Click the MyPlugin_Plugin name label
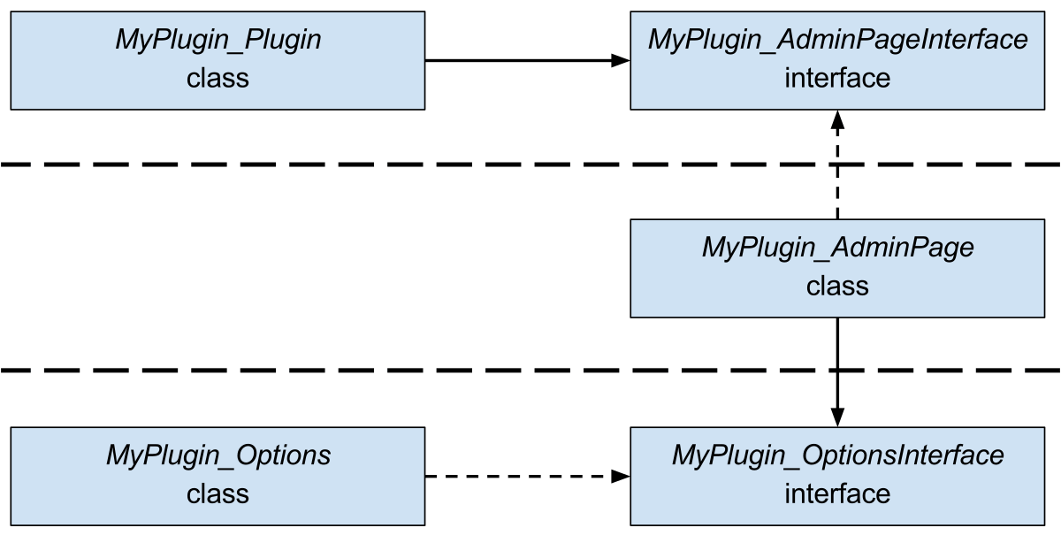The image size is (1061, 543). pos(218,41)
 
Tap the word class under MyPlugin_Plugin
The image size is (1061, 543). pos(218,79)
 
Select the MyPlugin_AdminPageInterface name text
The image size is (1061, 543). pos(837,41)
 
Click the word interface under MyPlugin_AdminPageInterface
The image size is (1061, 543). pos(837,79)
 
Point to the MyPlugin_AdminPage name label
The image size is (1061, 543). pos(837,248)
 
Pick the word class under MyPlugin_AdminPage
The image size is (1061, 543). pos(837,287)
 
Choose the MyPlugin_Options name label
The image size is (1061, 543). pos(218,455)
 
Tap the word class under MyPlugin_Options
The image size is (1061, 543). pos(218,493)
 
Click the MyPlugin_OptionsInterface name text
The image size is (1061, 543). pos(837,455)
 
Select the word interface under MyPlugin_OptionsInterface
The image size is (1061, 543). pos(837,493)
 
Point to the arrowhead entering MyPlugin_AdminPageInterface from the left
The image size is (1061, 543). pos(622,60)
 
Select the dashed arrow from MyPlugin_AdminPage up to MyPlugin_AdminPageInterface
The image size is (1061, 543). pos(837,177)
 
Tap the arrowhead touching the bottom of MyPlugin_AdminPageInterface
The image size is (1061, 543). pos(837,119)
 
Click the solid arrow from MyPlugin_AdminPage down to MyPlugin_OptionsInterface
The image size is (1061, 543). pos(837,363)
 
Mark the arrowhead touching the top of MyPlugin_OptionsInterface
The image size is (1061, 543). pos(837,418)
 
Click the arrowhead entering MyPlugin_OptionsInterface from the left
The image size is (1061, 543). pos(622,477)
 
